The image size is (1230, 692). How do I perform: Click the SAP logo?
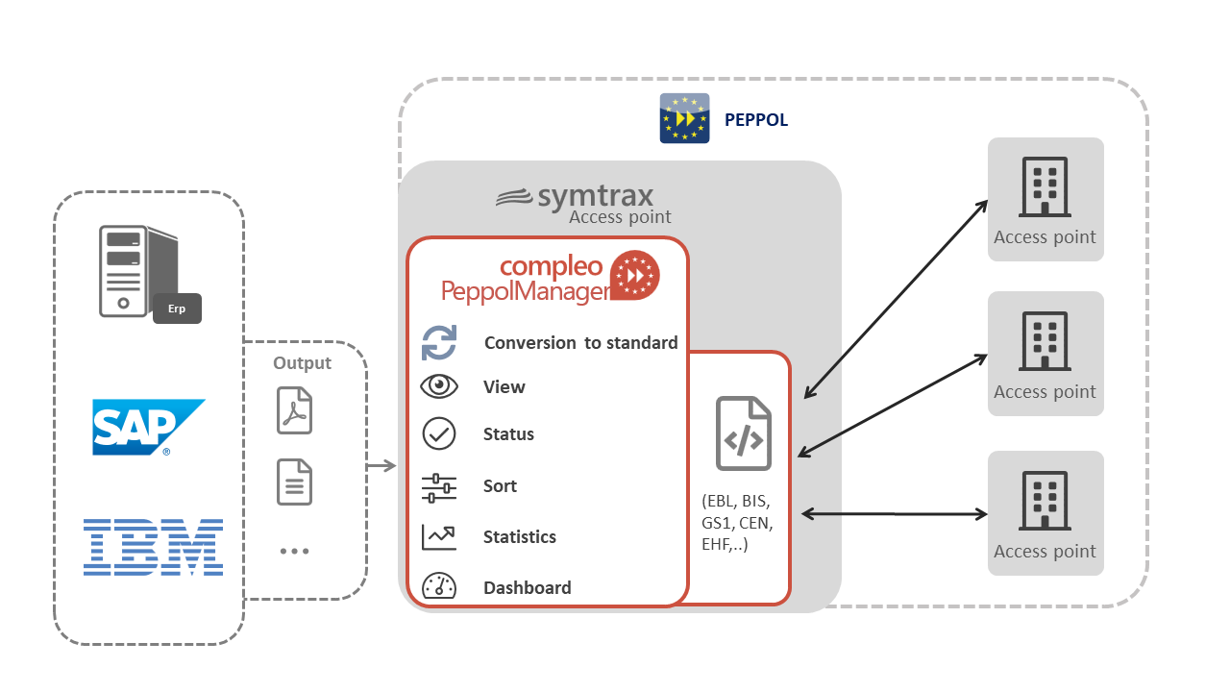(148, 427)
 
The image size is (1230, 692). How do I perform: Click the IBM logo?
(153, 547)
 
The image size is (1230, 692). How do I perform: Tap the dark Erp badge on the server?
(177, 309)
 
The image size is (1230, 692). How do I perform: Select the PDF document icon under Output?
(295, 410)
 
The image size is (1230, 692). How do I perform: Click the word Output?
(302, 363)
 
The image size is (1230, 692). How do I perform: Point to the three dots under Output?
(294, 552)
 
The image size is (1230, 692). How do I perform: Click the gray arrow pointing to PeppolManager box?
(381, 466)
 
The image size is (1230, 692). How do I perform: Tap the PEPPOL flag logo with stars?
(684, 118)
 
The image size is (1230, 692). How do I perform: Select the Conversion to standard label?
(580, 343)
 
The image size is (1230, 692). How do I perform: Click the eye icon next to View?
(439, 386)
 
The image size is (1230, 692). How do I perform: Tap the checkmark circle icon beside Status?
(439, 434)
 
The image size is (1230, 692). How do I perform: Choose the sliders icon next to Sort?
(439, 487)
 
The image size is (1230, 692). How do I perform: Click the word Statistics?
(519, 537)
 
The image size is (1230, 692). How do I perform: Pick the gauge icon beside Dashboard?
(439, 587)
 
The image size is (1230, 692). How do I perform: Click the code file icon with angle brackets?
(743, 433)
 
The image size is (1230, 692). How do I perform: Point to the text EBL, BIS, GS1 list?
(737, 524)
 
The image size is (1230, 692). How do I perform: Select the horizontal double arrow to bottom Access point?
(894, 514)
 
